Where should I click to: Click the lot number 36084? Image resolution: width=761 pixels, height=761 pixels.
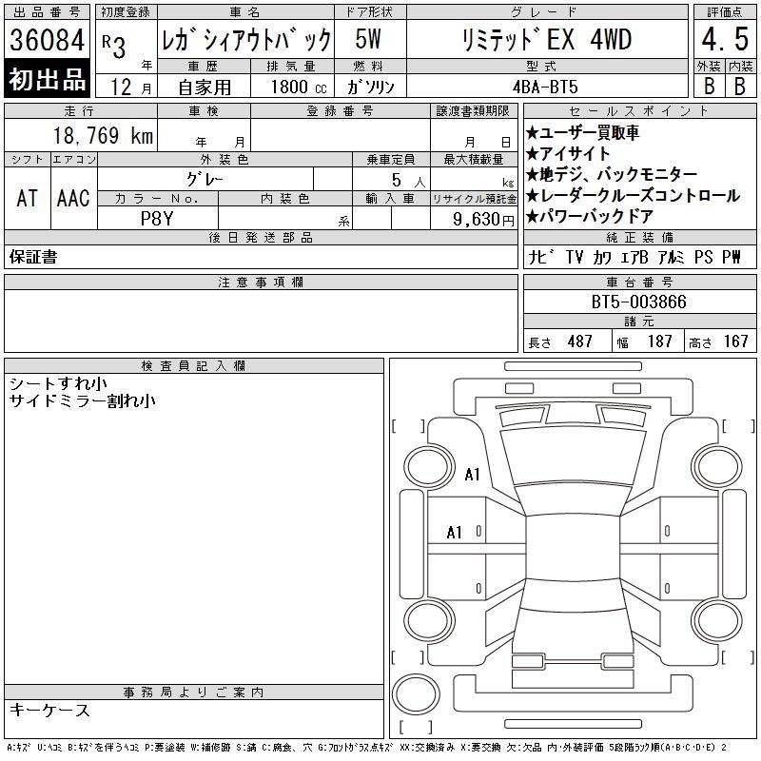(x=47, y=39)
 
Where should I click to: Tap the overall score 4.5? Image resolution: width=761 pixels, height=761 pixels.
(x=725, y=39)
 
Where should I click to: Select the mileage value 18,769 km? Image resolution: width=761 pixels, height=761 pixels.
(x=103, y=135)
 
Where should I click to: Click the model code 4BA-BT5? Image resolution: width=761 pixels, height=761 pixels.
(x=545, y=87)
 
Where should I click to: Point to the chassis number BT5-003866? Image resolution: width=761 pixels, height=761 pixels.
(x=638, y=302)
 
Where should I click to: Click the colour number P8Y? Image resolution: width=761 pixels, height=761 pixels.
(x=157, y=219)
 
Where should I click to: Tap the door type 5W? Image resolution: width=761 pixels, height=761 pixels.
(x=368, y=39)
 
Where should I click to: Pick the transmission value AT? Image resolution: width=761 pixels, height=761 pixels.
(x=28, y=198)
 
